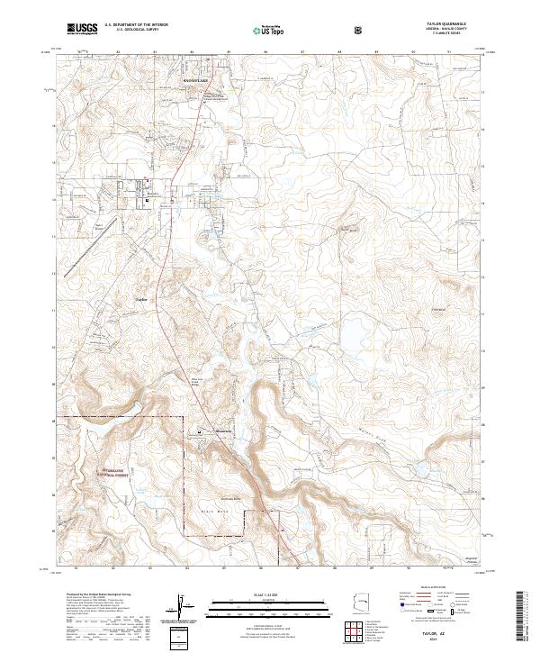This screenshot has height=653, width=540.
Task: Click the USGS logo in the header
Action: click(82, 29)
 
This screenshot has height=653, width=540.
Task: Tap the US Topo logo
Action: click(261, 29)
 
